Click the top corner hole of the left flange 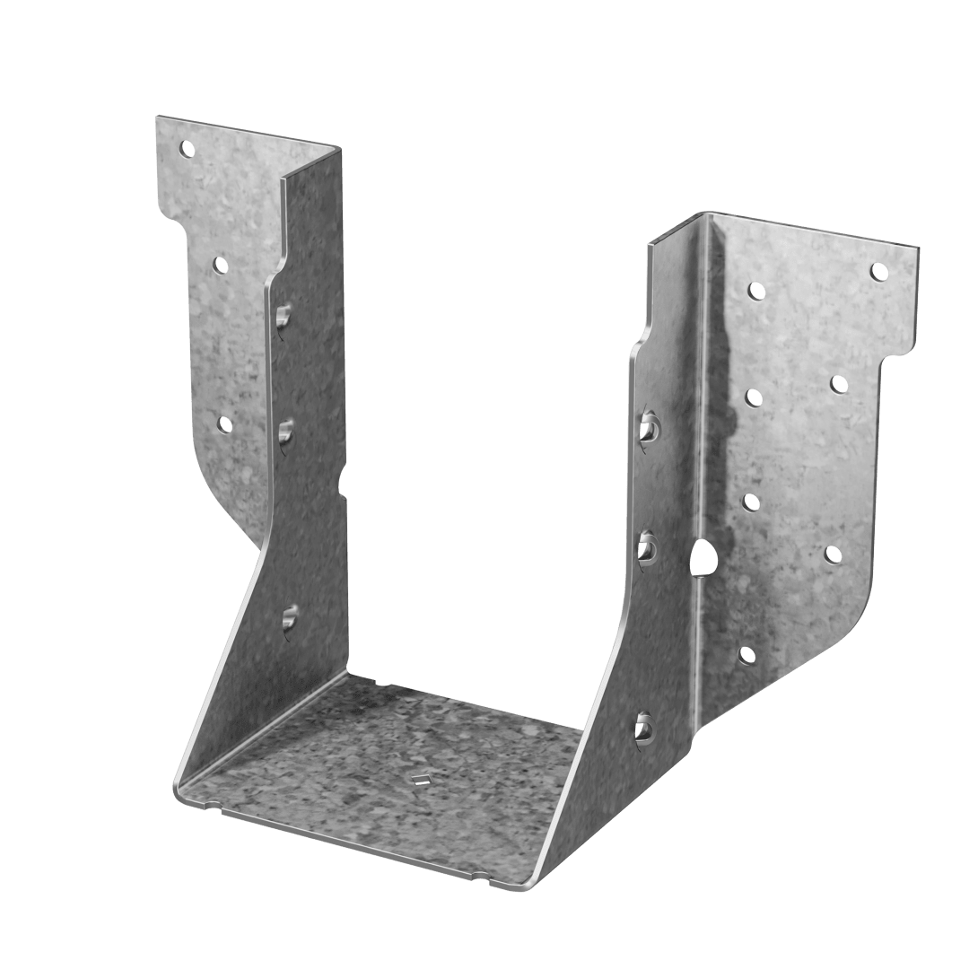coord(189,148)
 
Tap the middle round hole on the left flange coord(219,265)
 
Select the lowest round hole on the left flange coord(225,423)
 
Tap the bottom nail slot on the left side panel coord(289,620)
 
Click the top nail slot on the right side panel coord(648,429)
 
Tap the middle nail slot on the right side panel coord(648,548)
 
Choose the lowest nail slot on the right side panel coord(644,726)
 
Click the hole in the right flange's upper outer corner coord(878,271)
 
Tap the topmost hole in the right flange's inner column coord(756,291)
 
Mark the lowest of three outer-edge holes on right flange coord(834,555)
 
